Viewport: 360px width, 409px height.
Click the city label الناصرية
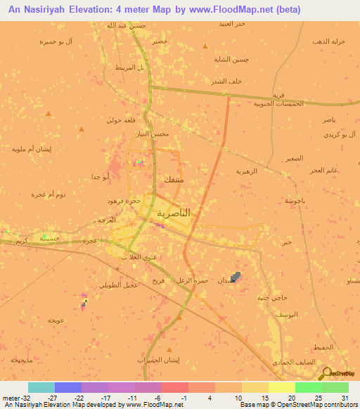173,212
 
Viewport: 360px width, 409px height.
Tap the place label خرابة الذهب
328,41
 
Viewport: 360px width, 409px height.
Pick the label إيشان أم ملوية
29,148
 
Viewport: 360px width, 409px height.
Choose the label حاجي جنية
271,297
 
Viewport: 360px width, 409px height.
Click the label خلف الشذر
227,81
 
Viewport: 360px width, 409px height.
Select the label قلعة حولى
121,120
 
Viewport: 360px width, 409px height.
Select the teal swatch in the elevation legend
41,387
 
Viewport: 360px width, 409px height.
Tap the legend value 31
344,397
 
